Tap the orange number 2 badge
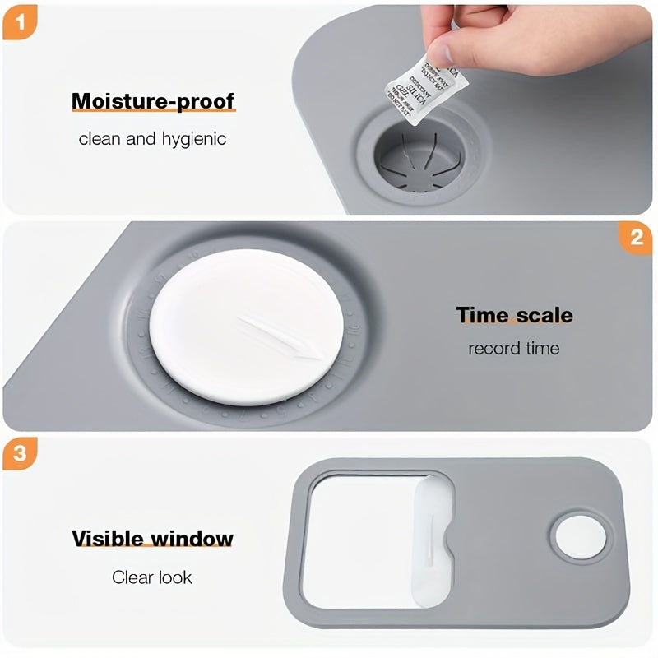tap(637, 239)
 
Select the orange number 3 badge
tap(18, 454)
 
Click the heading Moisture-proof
tap(153, 101)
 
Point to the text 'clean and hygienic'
tap(152, 138)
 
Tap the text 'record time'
tap(513, 349)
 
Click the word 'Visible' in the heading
tap(108, 539)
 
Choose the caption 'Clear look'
tap(152, 577)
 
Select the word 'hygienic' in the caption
tap(193, 138)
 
